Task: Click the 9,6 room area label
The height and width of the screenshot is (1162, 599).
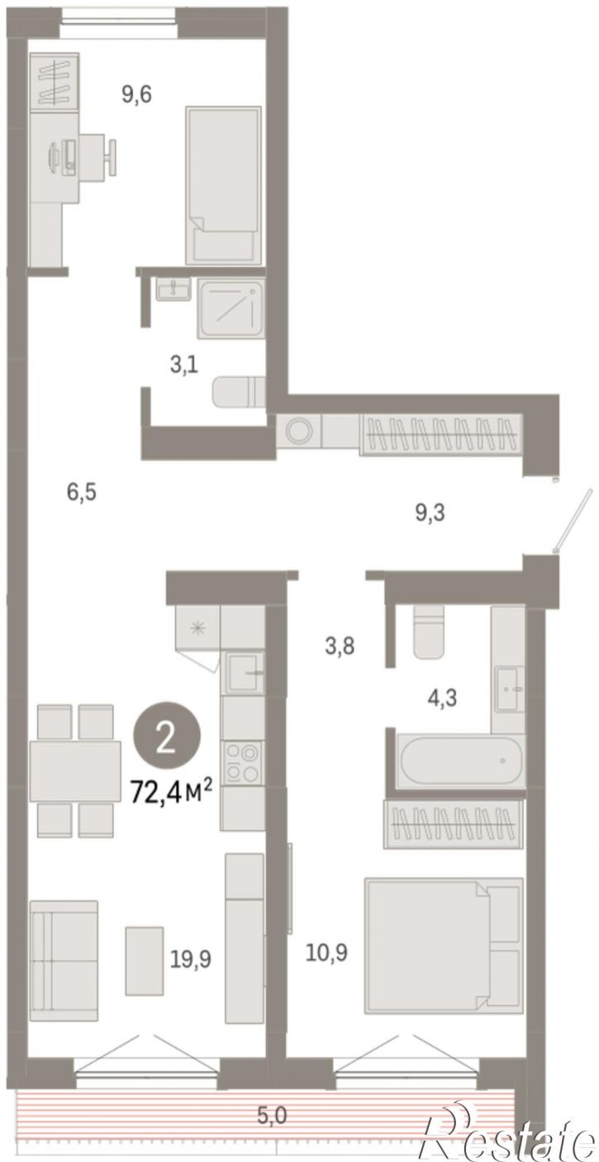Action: tap(136, 95)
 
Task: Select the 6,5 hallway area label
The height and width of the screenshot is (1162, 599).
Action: tap(82, 491)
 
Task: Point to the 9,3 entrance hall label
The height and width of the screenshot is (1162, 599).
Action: tap(430, 514)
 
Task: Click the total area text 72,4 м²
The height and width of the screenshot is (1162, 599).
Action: tap(171, 792)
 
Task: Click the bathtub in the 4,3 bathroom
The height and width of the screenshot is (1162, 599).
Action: tap(459, 761)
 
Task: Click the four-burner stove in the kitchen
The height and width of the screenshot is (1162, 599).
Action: tap(241, 762)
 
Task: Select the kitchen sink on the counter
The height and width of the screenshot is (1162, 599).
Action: tap(243, 673)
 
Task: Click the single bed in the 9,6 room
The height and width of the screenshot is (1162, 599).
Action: tap(223, 185)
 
